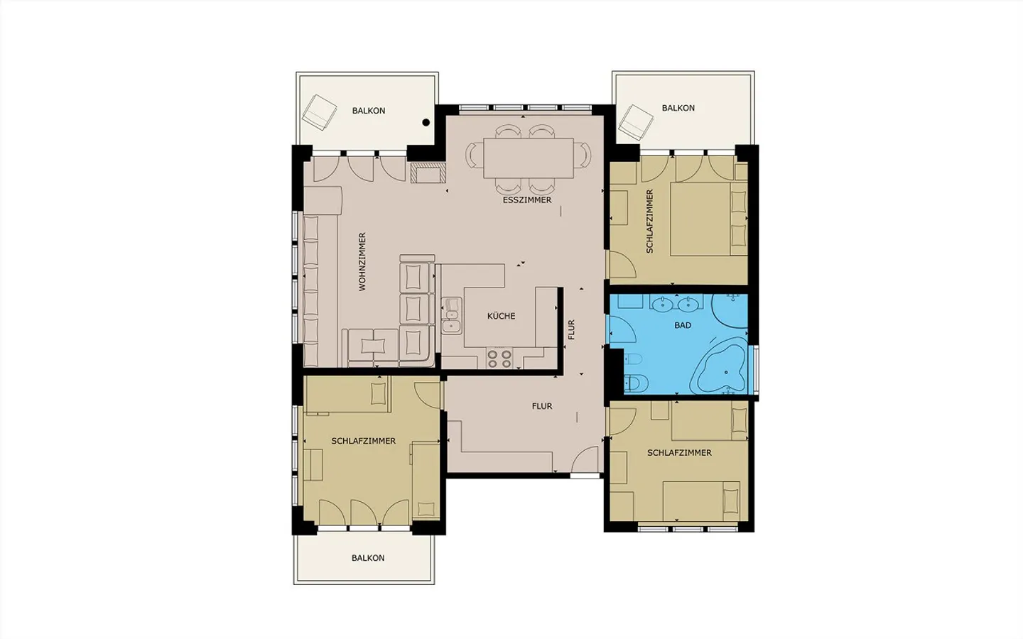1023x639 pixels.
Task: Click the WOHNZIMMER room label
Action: point(362,261)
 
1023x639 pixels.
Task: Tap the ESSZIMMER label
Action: point(527,200)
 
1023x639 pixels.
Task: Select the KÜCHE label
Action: point(501,316)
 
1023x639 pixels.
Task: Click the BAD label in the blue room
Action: point(682,325)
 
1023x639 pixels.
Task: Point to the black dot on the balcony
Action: point(426,122)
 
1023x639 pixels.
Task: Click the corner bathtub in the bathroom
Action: point(720,366)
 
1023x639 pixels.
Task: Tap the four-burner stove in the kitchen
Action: point(499,359)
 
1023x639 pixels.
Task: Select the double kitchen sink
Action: point(451,316)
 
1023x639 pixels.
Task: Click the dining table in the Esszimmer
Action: point(529,158)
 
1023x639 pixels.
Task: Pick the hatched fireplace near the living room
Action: point(428,173)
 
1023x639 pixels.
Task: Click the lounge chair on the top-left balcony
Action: point(320,112)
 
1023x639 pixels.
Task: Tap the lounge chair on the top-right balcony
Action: point(635,122)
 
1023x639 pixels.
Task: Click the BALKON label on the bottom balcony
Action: point(368,558)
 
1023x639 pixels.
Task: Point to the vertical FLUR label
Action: point(571,329)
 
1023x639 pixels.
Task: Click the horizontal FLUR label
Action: point(542,406)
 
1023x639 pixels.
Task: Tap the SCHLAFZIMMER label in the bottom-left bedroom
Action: point(364,441)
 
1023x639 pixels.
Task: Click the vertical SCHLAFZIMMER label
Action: point(649,222)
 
